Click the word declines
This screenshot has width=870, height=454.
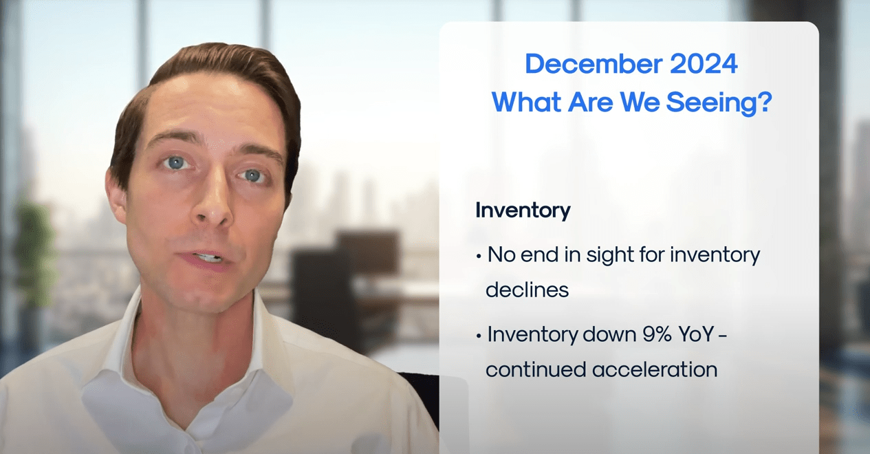(527, 290)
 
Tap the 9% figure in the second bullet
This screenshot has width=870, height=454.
(657, 334)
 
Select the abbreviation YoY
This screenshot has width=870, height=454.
(696, 334)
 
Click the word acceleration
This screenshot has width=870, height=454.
(655, 369)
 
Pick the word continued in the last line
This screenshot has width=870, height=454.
(536, 369)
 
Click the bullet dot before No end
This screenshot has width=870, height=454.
(479, 257)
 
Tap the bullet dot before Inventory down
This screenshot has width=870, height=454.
(479, 336)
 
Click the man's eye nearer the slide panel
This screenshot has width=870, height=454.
(253, 175)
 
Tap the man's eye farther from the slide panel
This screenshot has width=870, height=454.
(177, 162)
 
